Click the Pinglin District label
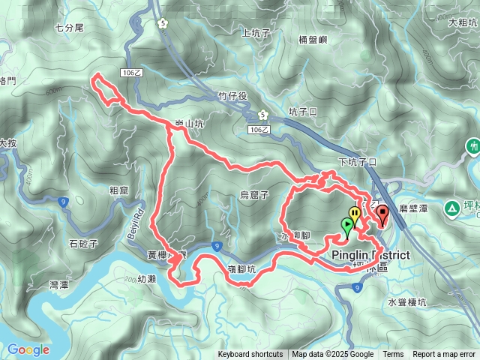point(370,255)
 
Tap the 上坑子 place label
point(255,32)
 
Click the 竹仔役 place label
point(232,96)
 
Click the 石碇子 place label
point(83,243)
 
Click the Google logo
point(28,349)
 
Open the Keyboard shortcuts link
point(250,355)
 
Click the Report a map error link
point(444,355)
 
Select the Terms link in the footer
point(393,355)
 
